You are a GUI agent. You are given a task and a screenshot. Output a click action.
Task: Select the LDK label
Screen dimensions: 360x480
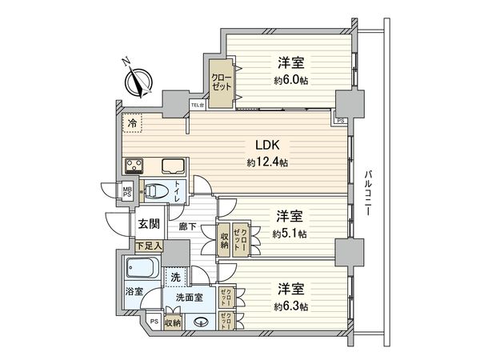[267, 146]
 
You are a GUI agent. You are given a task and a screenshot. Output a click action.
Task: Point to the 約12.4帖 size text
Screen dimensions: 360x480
[267, 162]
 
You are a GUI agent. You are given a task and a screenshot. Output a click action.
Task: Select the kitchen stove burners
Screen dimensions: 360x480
[133, 166]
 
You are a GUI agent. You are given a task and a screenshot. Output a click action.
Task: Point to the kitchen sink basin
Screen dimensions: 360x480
[173, 166]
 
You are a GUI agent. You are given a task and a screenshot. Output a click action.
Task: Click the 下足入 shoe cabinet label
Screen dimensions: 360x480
[147, 246]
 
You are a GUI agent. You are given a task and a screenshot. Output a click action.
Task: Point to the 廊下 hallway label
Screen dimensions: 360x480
[188, 226]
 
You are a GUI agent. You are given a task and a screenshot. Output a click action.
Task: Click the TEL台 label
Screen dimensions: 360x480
[197, 105]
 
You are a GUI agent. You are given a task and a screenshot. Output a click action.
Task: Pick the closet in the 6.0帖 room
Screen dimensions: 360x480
[219, 79]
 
